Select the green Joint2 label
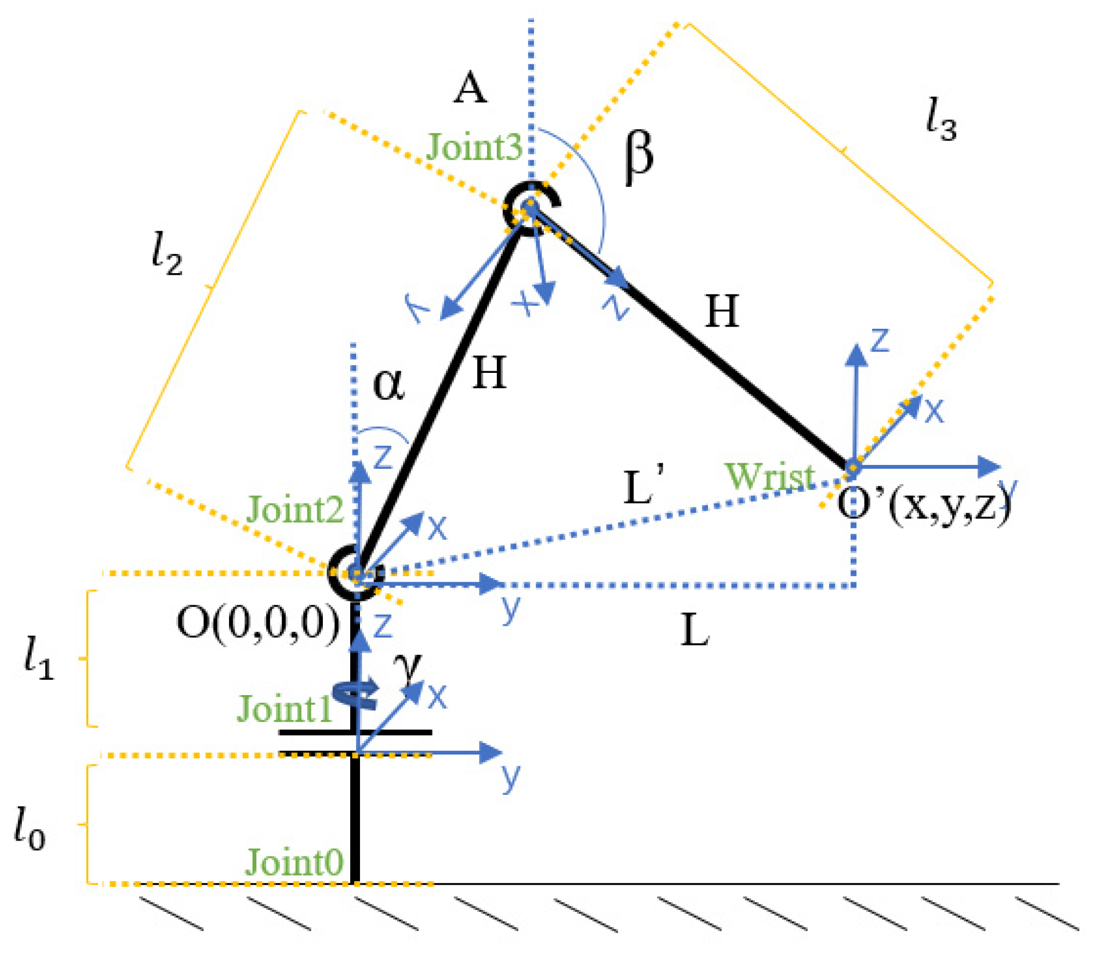295,510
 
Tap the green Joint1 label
284,709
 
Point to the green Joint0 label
293,862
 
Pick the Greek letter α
388,385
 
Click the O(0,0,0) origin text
258,623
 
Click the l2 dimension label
166,253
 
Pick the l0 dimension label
29,829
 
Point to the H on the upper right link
722,311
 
